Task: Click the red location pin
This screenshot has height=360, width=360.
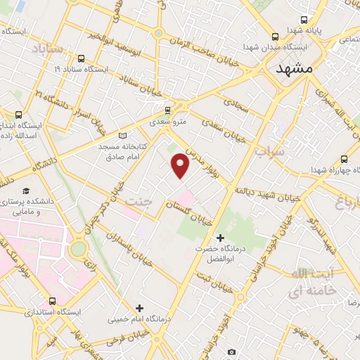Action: (181, 165)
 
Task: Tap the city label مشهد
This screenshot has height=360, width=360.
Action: (294, 70)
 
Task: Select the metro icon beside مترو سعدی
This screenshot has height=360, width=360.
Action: (167, 110)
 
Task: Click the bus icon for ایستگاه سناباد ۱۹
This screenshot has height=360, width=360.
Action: (82, 59)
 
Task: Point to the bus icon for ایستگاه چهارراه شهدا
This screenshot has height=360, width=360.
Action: (344, 159)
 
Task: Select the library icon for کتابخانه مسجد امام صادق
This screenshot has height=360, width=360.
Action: (124, 134)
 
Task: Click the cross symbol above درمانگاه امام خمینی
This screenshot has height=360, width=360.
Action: (139, 307)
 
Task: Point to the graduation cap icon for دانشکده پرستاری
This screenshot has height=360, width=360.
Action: (26, 191)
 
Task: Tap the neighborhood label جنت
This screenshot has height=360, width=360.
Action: (139, 202)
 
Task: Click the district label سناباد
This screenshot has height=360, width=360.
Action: (48, 49)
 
